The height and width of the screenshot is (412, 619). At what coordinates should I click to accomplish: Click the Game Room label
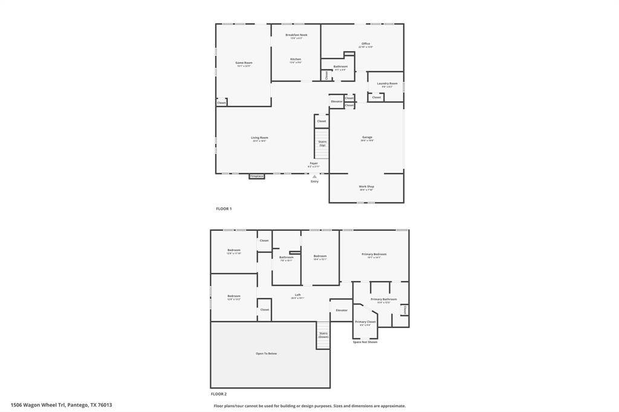coord(244,63)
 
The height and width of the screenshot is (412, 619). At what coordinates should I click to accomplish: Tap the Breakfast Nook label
coord(296,35)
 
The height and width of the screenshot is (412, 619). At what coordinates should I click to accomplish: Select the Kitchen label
coord(295,59)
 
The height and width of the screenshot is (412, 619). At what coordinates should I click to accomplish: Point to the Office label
coord(366,44)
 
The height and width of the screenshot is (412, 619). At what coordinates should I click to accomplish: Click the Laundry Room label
coord(387,83)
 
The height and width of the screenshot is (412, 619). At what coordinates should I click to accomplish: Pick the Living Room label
coord(259,138)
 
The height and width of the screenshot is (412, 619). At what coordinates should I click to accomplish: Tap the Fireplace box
coord(257,176)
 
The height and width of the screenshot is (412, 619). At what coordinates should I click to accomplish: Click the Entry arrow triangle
coord(314,176)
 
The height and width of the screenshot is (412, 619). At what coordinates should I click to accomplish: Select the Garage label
coord(367,138)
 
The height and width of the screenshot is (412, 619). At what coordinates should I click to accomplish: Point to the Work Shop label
coord(366,187)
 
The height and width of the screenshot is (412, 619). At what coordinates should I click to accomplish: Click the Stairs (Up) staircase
coord(322,144)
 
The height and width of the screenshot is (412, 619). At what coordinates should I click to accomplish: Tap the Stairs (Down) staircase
coord(323,335)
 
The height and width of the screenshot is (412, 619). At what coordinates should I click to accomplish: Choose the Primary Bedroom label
coord(374,254)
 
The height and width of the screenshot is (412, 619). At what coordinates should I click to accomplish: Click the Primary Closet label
coord(365,322)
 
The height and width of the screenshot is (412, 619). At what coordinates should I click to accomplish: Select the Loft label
coord(297,295)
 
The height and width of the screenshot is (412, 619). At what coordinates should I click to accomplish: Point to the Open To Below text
coord(267,353)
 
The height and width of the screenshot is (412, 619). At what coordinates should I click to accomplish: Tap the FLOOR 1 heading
coord(224,208)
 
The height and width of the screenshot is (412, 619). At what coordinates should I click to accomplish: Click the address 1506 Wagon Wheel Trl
coord(61,405)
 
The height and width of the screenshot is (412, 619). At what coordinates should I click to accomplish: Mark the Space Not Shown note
coord(365,342)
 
